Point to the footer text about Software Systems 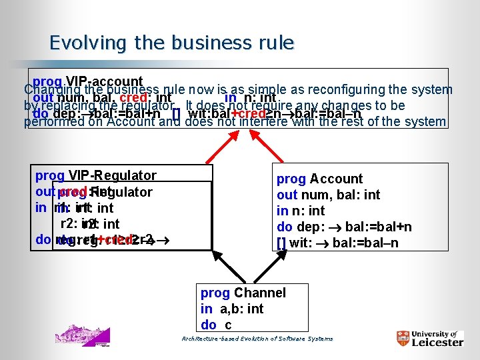(257, 339)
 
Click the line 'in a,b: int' (232, 309)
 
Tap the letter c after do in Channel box (228, 325)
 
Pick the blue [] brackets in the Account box (281, 243)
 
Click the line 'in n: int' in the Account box (301, 211)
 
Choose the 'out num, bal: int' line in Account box (328, 195)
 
